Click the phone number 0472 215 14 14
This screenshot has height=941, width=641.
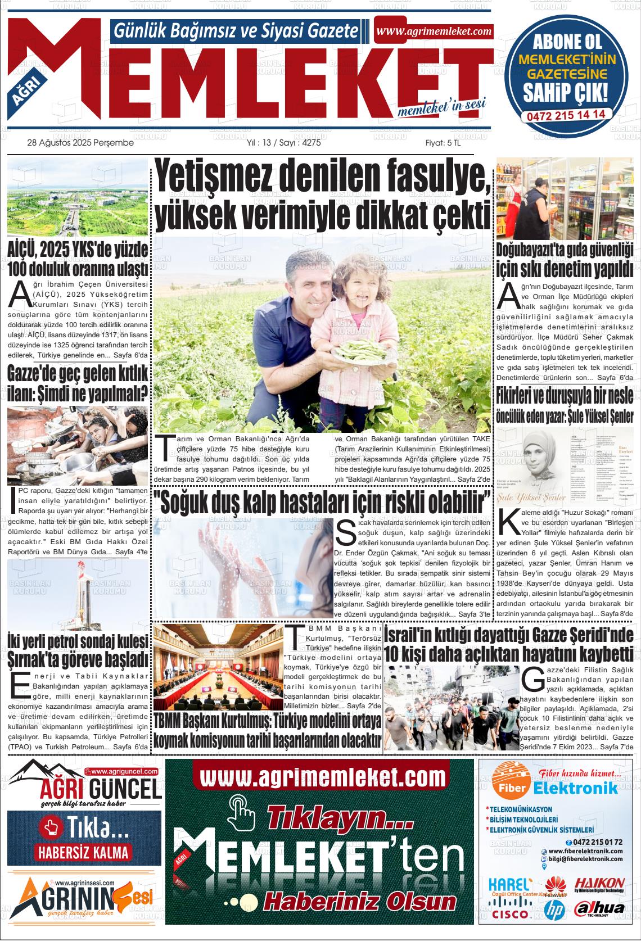566,114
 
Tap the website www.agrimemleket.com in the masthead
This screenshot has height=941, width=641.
434,31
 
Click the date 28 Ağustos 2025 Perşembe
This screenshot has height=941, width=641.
80,143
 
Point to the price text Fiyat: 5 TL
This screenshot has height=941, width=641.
443,143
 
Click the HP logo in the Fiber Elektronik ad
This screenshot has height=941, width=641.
554,907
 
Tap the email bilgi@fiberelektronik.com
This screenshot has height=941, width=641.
587,859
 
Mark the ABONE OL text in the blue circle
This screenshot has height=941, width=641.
566,42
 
